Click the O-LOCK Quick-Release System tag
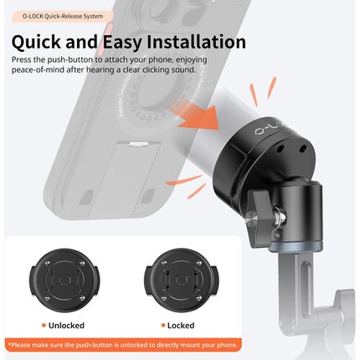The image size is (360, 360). point(63,16)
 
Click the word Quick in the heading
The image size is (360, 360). point(36,42)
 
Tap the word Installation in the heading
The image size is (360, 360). point(197,42)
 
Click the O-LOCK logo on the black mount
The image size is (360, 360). point(270,129)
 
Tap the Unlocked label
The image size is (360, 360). point(66,326)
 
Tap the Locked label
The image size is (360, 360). point(181,326)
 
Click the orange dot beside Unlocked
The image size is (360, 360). point(44,325)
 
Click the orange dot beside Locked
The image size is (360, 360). point(163,325)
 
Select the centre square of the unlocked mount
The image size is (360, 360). point(64,280)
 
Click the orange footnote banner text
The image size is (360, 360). point(123,345)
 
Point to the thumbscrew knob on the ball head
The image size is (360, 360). point(258,217)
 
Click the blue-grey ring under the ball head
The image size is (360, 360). point(296,246)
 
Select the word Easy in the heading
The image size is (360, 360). point(122,43)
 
